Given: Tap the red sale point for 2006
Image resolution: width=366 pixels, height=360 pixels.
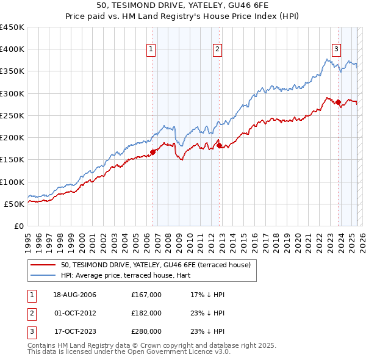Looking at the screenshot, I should coord(153,152).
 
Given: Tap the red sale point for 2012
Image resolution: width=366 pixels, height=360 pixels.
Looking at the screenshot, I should coord(219,145).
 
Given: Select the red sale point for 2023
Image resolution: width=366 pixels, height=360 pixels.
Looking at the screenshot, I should coord(338,103).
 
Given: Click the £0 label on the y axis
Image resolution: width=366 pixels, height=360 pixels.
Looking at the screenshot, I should coord(18,226).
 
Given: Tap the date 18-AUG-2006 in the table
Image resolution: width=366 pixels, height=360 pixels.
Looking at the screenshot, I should coord(76,295).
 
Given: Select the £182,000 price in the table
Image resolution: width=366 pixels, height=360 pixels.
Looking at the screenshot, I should coord(146,313).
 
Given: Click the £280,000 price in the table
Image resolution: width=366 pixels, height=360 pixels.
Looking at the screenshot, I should coord(146,331).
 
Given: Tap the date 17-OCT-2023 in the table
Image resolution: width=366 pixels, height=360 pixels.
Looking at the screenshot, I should coord(76,331).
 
